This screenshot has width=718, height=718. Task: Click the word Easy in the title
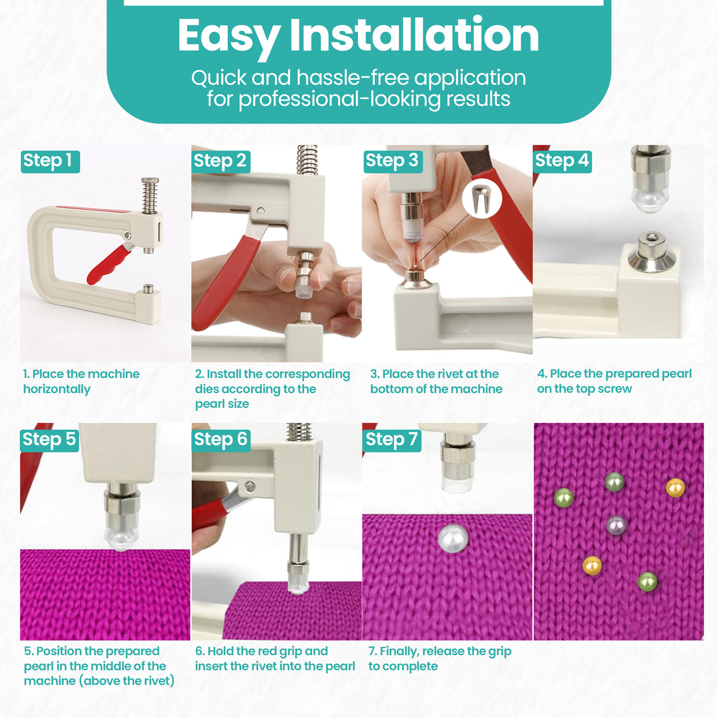(229, 36)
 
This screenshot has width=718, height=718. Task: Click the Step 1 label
(50, 162)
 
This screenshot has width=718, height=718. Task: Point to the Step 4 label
(562, 162)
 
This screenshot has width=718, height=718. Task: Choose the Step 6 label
(221, 440)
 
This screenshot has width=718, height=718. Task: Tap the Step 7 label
(392, 440)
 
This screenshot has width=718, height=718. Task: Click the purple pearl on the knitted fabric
(616, 526)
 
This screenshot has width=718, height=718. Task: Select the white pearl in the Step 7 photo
(453, 538)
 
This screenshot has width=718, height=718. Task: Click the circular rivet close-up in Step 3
(482, 198)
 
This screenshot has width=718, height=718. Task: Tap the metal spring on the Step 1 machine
(150, 196)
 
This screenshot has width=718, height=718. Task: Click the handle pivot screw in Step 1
(127, 235)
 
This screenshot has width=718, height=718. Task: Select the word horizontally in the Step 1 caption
(57, 389)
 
